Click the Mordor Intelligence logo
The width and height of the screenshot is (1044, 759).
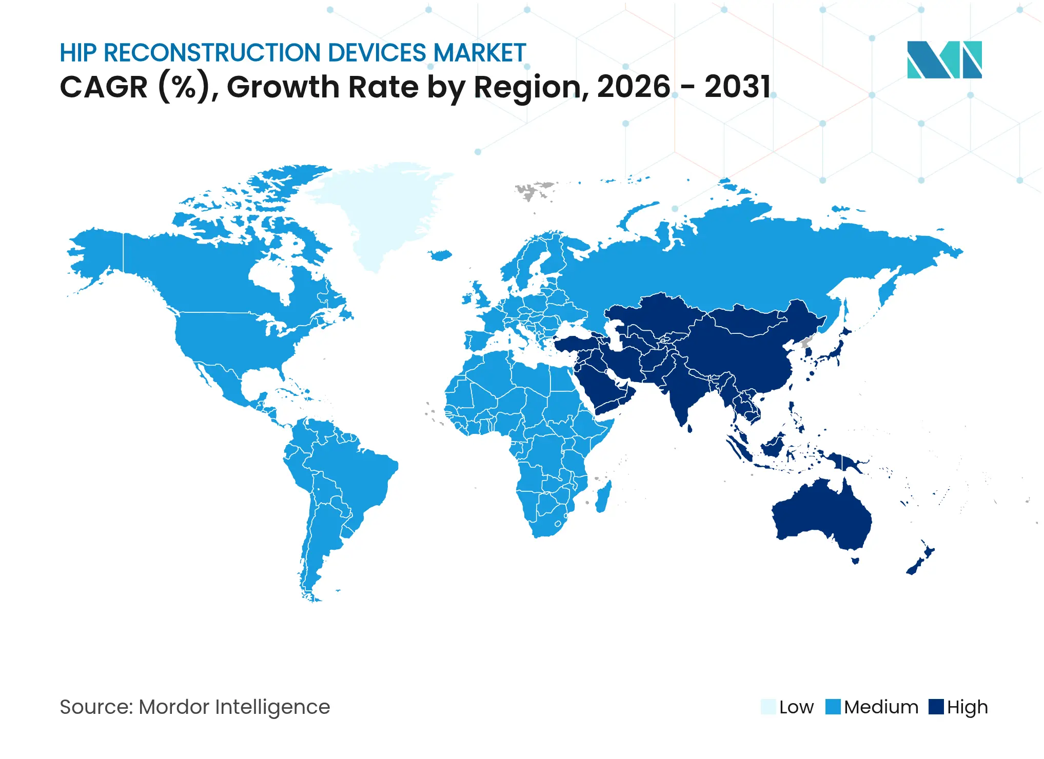click(944, 59)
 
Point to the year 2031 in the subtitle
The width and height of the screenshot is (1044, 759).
click(737, 87)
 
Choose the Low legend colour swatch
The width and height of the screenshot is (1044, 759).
click(768, 707)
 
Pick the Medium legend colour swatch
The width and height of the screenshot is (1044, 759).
click(833, 707)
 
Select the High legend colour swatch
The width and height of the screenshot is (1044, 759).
click(936, 707)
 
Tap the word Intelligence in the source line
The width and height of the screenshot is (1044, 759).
click(272, 708)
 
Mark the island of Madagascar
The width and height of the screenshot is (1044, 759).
click(603, 496)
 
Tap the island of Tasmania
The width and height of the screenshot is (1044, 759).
click(855, 561)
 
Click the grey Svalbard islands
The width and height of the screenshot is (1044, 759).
click(534, 190)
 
